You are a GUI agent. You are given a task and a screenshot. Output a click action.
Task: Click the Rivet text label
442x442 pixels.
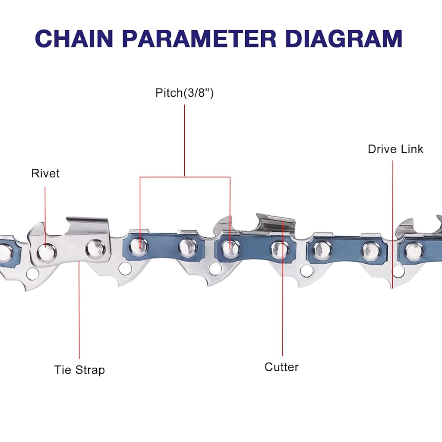point(45,174)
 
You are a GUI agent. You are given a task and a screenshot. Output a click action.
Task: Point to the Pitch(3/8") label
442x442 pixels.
point(184,93)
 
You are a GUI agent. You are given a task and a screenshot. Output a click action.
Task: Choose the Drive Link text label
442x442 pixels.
point(395,149)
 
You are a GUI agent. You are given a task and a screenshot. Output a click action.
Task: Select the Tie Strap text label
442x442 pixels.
point(79,370)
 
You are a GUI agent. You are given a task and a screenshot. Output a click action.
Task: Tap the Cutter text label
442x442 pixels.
point(281,367)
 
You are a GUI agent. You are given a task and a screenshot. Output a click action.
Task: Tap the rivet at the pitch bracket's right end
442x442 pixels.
point(230,247)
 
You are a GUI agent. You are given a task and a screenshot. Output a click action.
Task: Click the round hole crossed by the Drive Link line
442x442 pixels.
point(396,271)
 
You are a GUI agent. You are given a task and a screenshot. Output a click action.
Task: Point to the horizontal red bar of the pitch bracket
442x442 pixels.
point(185,177)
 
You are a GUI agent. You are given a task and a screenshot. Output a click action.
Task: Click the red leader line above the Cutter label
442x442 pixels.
point(283,311)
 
